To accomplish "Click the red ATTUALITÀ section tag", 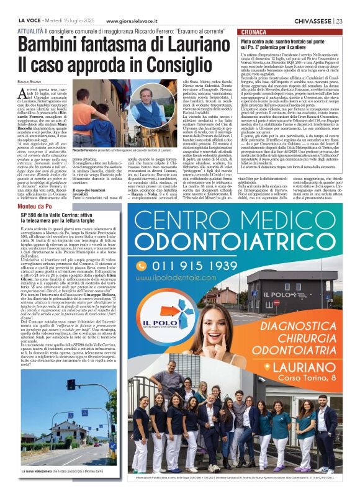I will (x=30, y=29).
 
